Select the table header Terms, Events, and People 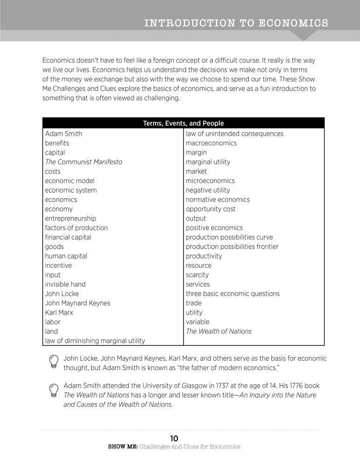pyautogui.click(x=183, y=123)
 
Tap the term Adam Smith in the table pyautogui.click(x=63, y=134)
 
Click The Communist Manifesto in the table pyautogui.click(x=83, y=162)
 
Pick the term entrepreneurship pyautogui.click(x=70, y=219)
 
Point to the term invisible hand pyautogui.click(x=65, y=284)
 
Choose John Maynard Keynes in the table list pyautogui.click(x=77, y=303)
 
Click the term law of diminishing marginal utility pyautogui.click(x=95, y=341)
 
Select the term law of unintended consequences pyautogui.click(x=234, y=134)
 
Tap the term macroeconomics pyautogui.click(x=211, y=143)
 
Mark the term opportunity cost pyautogui.click(x=211, y=209)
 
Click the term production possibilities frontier pyautogui.click(x=232, y=247)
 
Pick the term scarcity pyautogui.click(x=197, y=275)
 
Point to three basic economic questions pyautogui.click(x=232, y=294)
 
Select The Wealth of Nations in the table pyautogui.click(x=218, y=331)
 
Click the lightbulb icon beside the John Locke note pyautogui.click(x=54, y=362)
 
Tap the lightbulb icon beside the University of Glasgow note pyautogui.click(x=54, y=391)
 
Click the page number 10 pyautogui.click(x=174, y=438)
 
